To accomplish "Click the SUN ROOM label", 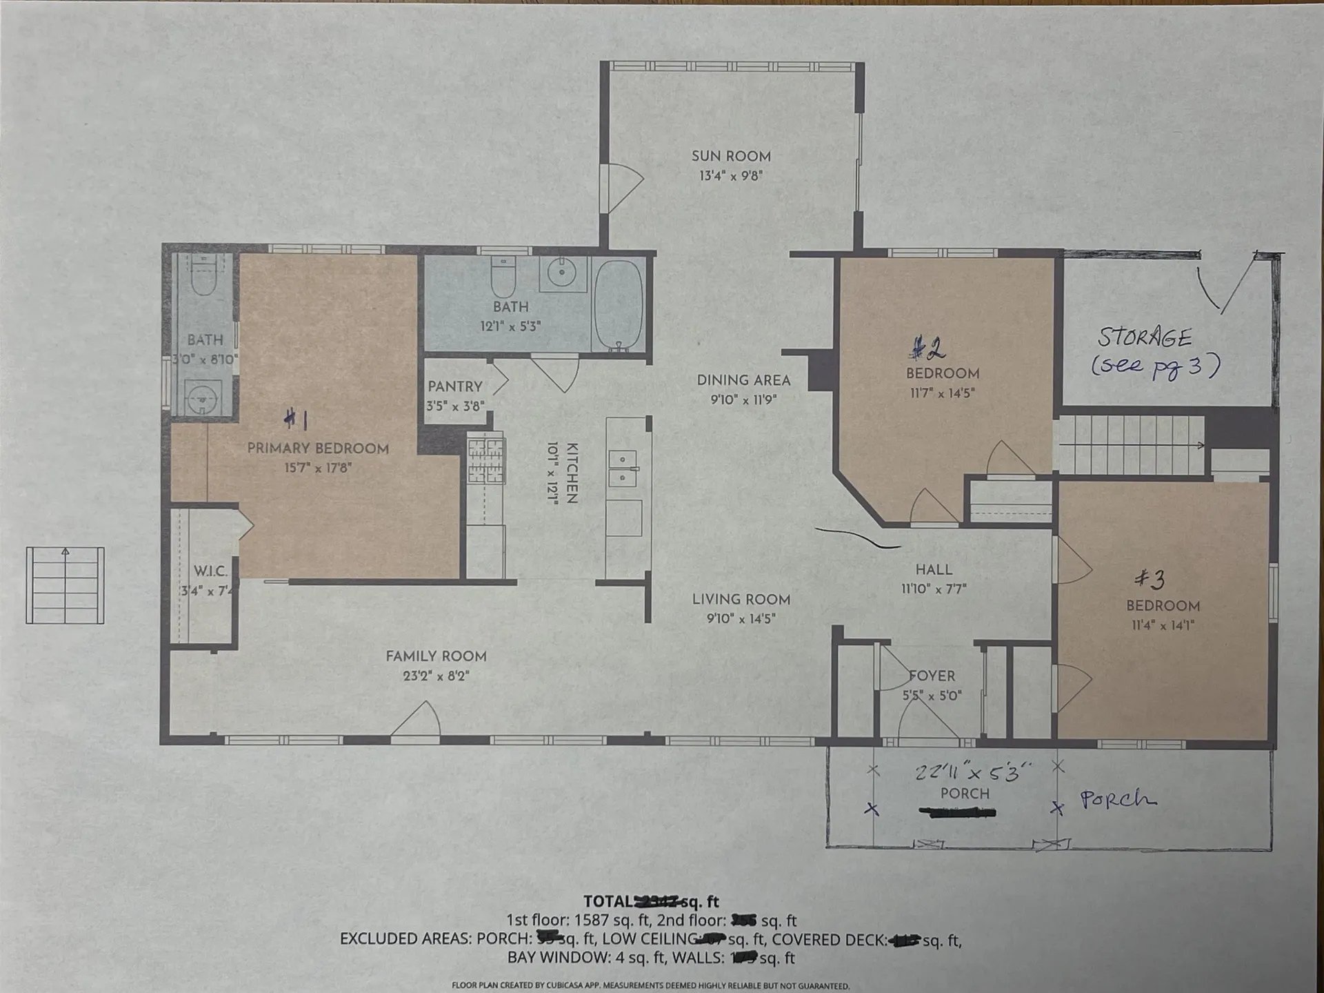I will tap(731, 157).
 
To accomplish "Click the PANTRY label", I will tap(454, 386).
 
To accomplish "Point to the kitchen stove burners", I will tap(485, 460).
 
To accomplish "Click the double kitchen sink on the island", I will tap(623, 469).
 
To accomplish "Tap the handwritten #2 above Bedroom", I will tap(927, 348).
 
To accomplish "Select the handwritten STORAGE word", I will tap(1144, 337).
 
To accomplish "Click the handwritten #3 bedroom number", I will tap(1150, 578).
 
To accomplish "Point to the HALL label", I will tap(934, 569).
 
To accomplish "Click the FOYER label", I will tap(932, 676).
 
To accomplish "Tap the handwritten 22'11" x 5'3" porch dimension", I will tap(973, 772).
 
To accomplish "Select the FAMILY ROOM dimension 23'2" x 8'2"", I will tap(436, 676).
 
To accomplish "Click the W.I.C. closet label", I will tap(210, 571).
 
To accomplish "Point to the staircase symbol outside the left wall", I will tap(65, 585).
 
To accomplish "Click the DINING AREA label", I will tap(743, 380).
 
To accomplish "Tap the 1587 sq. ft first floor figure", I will tap(613, 921).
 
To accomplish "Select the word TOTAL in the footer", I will tap(608, 901).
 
